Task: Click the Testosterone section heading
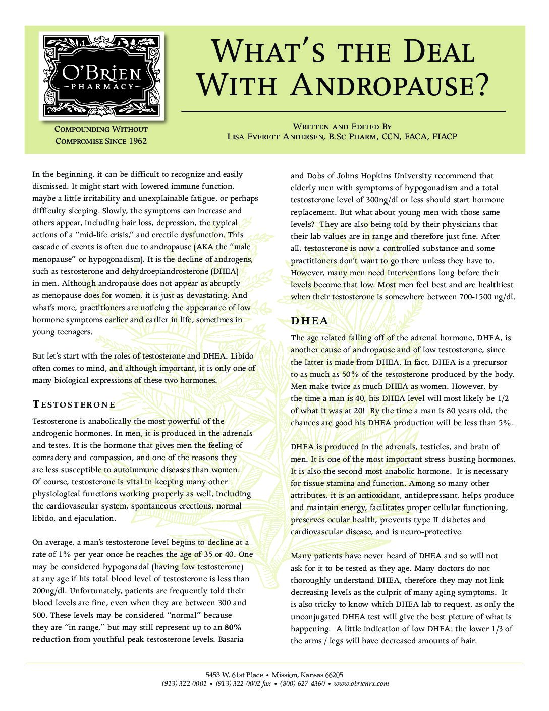click(x=74, y=404)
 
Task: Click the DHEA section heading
click(x=309, y=321)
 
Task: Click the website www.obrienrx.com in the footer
click(x=361, y=683)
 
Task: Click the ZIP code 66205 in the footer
click(x=332, y=674)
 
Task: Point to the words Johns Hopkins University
click(x=385, y=176)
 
